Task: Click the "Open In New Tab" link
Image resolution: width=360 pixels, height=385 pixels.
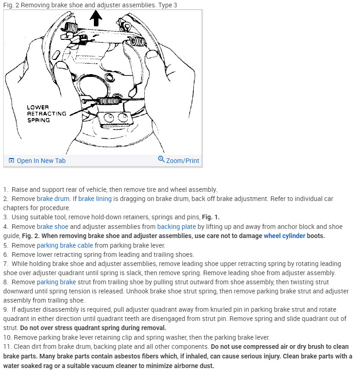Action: [41, 161]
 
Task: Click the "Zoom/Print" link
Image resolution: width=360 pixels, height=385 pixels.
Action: [182, 161]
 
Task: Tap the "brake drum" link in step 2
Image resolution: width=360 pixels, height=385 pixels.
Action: [53, 199]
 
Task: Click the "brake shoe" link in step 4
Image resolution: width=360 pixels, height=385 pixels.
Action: [52, 227]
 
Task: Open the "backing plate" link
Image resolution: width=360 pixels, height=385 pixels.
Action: [174, 227]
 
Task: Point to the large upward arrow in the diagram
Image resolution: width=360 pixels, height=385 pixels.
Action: [96, 18]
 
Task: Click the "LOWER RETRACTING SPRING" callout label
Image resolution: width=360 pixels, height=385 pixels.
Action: [46, 114]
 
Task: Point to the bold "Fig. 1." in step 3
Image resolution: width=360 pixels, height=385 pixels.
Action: [210, 217]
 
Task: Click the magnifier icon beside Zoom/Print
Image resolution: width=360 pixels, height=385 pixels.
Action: [161, 159]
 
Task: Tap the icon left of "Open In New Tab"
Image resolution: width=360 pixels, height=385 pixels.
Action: [11, 161]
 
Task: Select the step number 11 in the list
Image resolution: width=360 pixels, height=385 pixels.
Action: [6, 347]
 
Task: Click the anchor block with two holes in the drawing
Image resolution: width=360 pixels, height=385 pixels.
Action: [115, 118]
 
